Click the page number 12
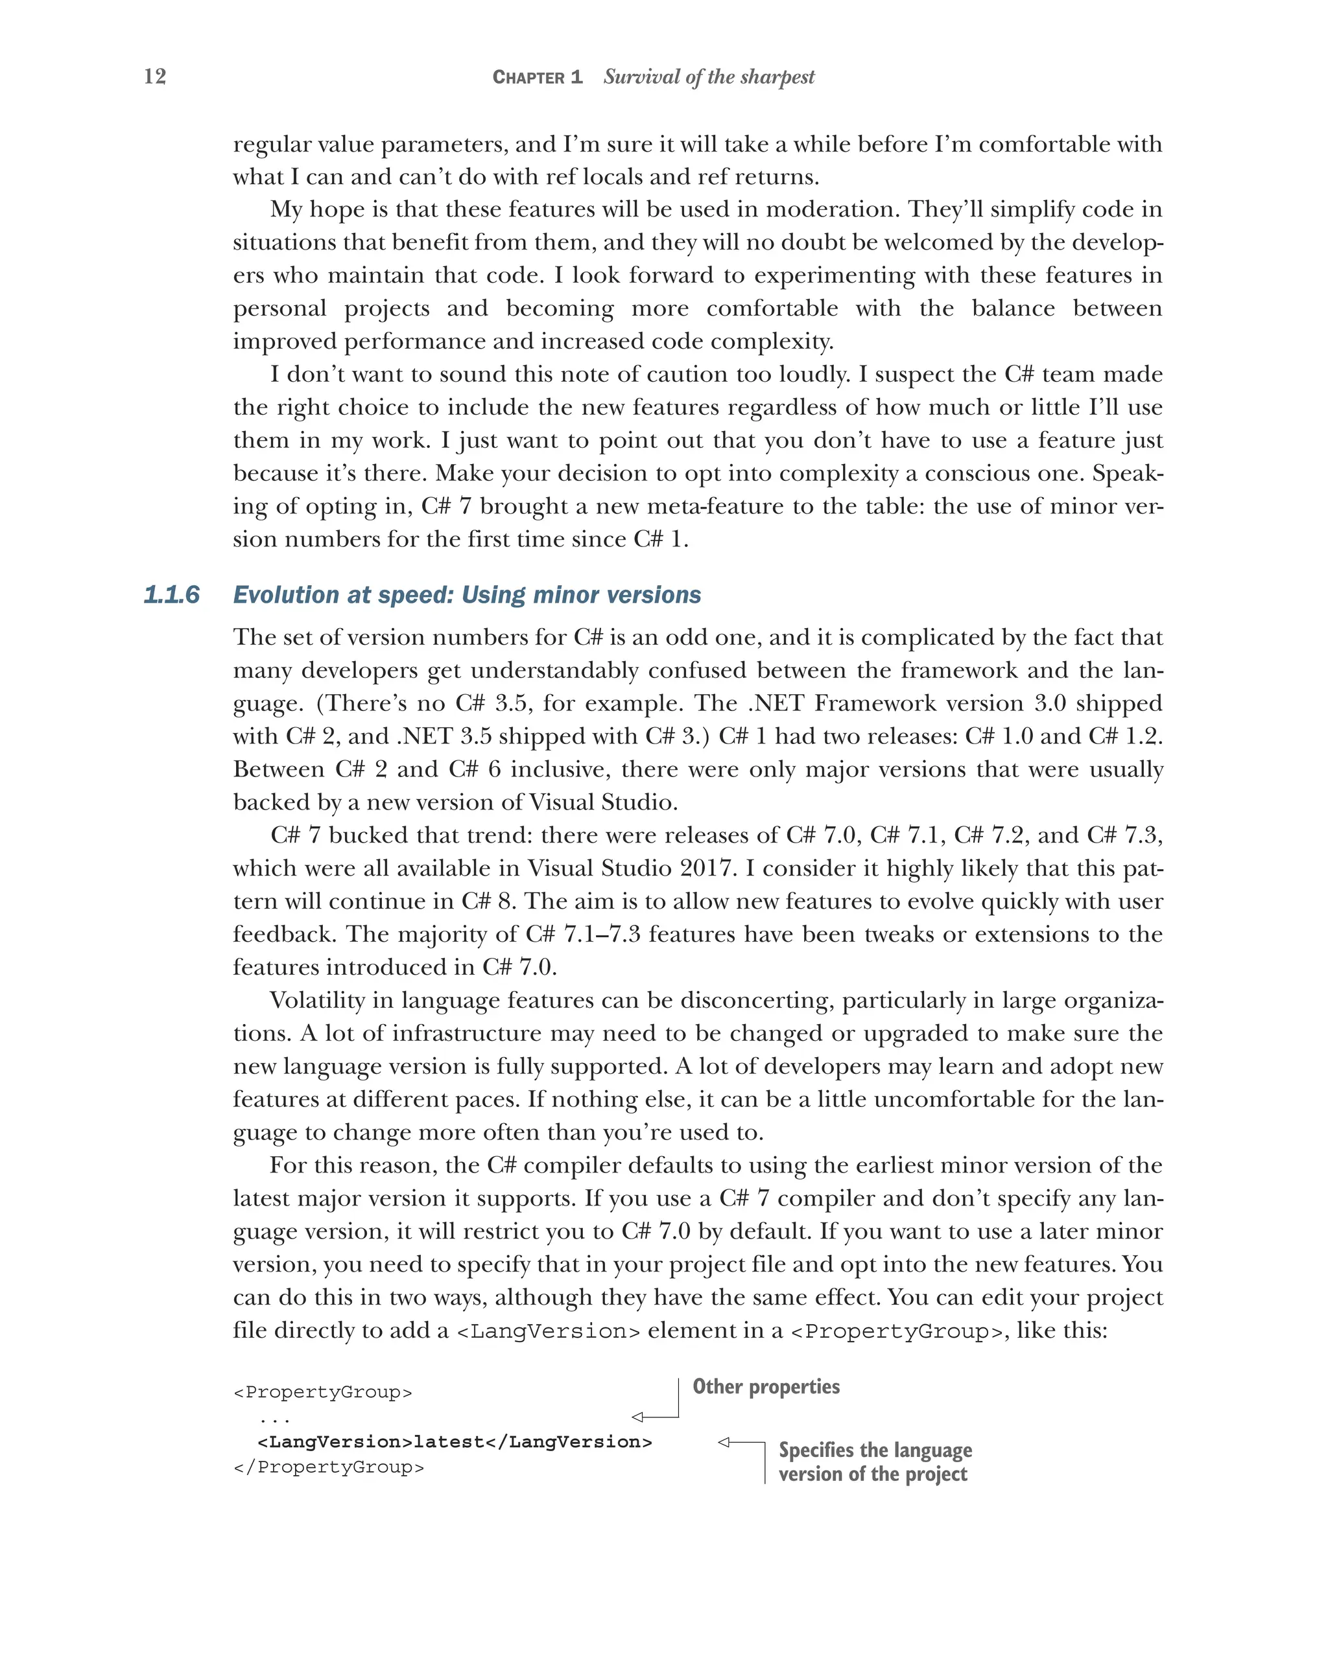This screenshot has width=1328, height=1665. (154, 76)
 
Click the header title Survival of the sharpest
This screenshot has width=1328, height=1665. (709, 77)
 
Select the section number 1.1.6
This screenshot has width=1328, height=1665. (171, 595)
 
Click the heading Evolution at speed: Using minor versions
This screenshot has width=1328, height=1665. (467, 595)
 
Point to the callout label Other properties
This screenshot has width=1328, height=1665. (766, 1386)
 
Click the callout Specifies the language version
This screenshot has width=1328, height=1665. (875, 1462)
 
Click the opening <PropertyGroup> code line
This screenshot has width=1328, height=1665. (322, 1392)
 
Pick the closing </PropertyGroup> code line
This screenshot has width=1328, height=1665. (328, 1467)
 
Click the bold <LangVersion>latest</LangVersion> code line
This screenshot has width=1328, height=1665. (455, 1442)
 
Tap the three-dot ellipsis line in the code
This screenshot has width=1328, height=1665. (274, 1418)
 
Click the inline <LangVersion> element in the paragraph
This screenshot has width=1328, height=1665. (548, 1332)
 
